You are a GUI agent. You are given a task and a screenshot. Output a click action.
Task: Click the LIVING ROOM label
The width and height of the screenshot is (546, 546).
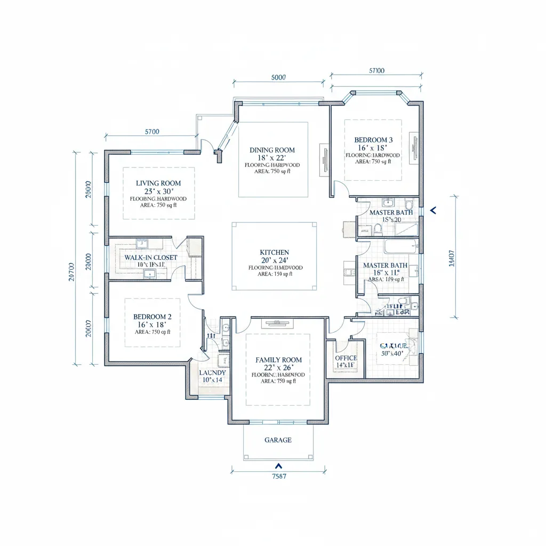(x=158, y=183)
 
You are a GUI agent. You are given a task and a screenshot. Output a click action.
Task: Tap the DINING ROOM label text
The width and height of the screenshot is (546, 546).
(x=272, y=150)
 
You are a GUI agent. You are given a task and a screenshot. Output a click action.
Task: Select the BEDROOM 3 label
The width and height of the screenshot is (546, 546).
(x=373, y=140)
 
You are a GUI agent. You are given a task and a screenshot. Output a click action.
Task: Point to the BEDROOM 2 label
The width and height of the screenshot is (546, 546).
(x=152, y=316)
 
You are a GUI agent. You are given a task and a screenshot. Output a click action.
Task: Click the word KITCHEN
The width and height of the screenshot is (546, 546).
(x=274, y=252)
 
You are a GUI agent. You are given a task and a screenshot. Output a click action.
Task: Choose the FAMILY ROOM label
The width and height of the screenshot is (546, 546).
(x=278, y=360)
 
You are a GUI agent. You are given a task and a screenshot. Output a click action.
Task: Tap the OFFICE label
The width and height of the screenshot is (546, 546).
(x=346, y=358)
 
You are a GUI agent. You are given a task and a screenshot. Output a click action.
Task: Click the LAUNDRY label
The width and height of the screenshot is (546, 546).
(x=212, y=373)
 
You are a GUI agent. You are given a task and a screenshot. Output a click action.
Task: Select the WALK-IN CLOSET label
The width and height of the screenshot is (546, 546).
(x=150, y=257)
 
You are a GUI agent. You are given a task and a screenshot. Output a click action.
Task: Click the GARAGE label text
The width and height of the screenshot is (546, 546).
(x=278, y=440)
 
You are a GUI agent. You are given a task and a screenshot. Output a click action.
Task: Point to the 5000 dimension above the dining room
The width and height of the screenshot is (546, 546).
(x=278, y=77)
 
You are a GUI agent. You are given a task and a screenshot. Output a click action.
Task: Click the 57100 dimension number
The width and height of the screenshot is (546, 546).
(x=376, y=70)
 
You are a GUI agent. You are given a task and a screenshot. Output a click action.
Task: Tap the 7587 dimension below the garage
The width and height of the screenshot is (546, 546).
(x=279, y=477)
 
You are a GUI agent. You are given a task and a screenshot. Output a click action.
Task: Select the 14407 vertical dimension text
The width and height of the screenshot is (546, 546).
(x=452, y=258)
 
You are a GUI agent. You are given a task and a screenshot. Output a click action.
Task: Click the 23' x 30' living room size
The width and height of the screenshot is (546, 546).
(x=158, y=191)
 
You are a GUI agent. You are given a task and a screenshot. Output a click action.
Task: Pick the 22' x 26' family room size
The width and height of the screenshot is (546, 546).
(x=278, y=368)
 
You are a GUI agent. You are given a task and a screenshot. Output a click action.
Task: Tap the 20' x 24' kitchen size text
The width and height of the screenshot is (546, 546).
(x=274, y=260)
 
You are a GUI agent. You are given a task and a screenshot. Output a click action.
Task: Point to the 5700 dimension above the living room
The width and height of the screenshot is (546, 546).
(x=152, y=132)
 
